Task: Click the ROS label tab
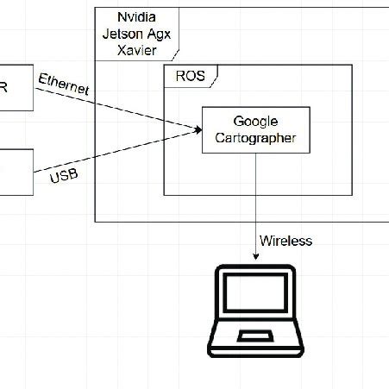coord(190,75)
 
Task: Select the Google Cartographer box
coord(254,130)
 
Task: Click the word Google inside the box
coord(254,122)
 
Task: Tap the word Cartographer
coord(254,138)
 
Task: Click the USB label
coord(64,176)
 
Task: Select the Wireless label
coord(285,241)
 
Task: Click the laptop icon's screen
coord(254,298)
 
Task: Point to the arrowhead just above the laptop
coord(255,255)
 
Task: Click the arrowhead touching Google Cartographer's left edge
coord(198,130)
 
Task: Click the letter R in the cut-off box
coord(4,87)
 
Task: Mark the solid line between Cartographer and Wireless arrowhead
coord(255,198)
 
